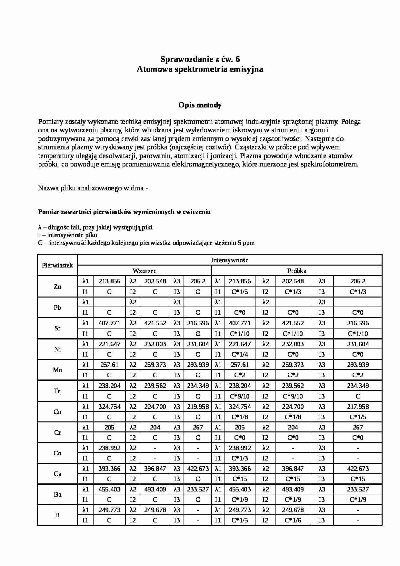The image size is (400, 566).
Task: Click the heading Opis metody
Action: coord(200,105)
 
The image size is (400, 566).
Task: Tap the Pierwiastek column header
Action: coord(57,265)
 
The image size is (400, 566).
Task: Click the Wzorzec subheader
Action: coord(145,271)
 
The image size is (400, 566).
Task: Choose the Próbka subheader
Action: coord(297,271)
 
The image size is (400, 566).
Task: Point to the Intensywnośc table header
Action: coord(229,260)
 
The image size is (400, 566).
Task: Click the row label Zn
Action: coord(57,287)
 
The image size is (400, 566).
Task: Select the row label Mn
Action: coord(57,370)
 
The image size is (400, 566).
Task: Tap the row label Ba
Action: coord(57,494)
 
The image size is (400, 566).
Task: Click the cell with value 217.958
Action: coord(358,407)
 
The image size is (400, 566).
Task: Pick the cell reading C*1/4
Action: coord(240,354)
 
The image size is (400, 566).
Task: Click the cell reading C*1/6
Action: coord(293,520)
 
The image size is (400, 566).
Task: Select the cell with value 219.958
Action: coord(198,407)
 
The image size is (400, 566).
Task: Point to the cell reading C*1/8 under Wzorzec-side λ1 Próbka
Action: coord(240,417)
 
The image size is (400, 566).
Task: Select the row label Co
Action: coord(57,453)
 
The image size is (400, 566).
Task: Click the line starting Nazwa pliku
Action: coord(93,188)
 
